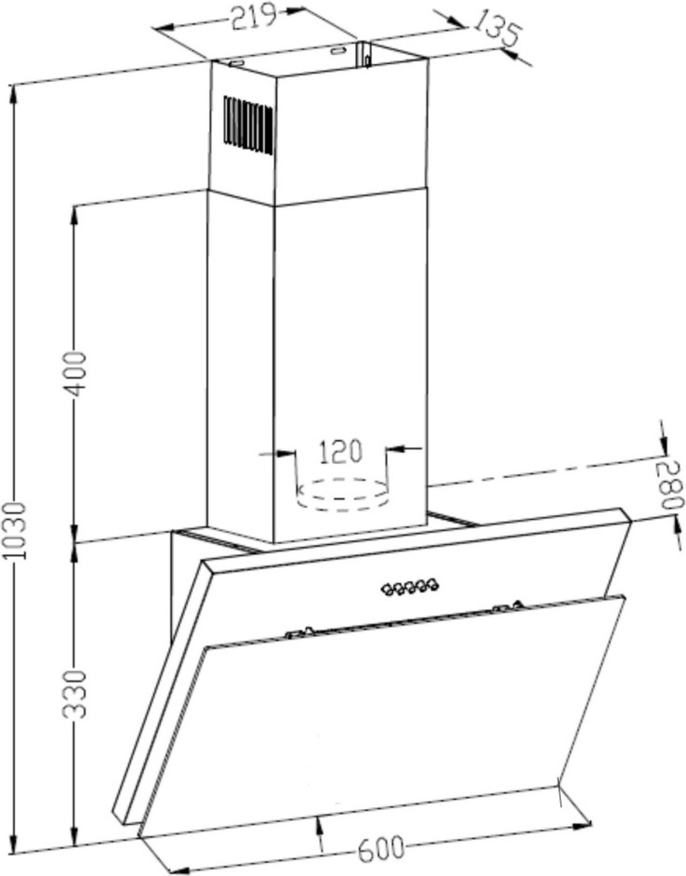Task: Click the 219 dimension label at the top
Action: click(254, 16)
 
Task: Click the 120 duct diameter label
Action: click(340, 451)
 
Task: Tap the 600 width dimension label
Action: click(380, 849)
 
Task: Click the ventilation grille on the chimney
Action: click(249, 126)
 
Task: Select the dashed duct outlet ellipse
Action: click(341, 495)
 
